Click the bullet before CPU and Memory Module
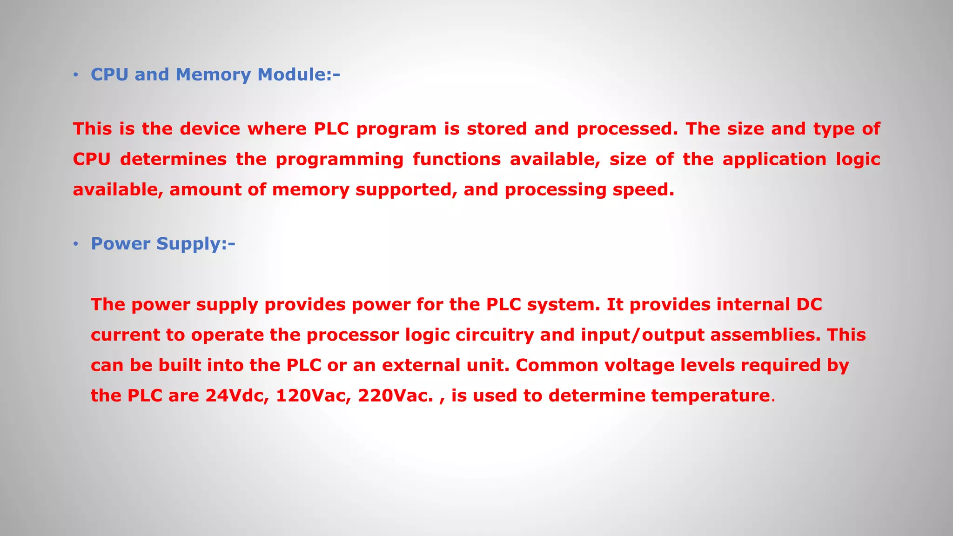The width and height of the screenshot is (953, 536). (76, 75)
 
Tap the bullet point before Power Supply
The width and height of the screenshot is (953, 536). (76, 244)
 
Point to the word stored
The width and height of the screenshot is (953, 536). (497, 129)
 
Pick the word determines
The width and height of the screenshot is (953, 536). (173, 160)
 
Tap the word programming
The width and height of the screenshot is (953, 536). (339, 160)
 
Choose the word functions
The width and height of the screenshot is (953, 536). (456, 160)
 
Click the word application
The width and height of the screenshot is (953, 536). (774, 160)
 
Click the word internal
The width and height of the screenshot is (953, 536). (753, 305)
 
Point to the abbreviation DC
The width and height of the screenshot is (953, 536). (809, 305)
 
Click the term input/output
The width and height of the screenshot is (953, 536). (643, 335)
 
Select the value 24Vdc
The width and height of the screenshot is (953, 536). (237, 396)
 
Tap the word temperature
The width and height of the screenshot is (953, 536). (710, 396)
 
